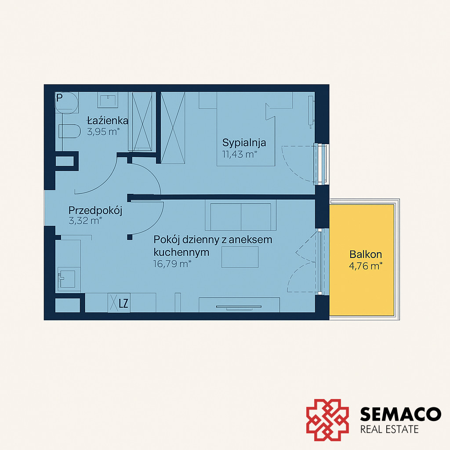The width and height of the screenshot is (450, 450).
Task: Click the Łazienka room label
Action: click(x=108, y=120)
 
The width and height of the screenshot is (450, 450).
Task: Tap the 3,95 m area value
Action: click(x=103, y=132)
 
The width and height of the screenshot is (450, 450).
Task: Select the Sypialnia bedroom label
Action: click(x=244, y=143)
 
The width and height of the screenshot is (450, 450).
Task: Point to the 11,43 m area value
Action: click(x=240, y=154)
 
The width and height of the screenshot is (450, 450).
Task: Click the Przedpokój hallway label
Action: click(x=95, y=210)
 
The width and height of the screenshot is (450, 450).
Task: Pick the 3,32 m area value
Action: click(x=85, y=221)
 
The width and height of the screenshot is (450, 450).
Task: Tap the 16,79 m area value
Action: click(x=172, y=264)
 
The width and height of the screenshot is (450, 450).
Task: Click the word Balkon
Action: click(x=366, y=254)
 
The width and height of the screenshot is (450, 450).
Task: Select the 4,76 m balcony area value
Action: click(x=366, y=266)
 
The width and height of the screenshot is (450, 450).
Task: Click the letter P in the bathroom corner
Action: click(x=59, y=98)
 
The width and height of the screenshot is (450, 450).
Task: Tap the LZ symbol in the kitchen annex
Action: click(x=123, y=303)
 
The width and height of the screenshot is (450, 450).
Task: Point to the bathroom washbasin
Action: click(x=108, y=100)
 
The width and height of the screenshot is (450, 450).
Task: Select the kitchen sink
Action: click(x=67, y=279)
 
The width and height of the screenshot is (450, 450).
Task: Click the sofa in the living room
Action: click(x=240, y=215)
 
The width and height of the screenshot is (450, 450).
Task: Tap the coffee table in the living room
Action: click(x=240, y=257)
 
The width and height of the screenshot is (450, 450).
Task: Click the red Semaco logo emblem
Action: click(x=327, y=420)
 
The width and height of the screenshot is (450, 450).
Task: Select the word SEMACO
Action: click(x=400, y=414)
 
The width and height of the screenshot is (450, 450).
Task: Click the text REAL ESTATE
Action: click(x=389, y=429)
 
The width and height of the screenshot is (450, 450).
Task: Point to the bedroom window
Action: click(x=322, y=164)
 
